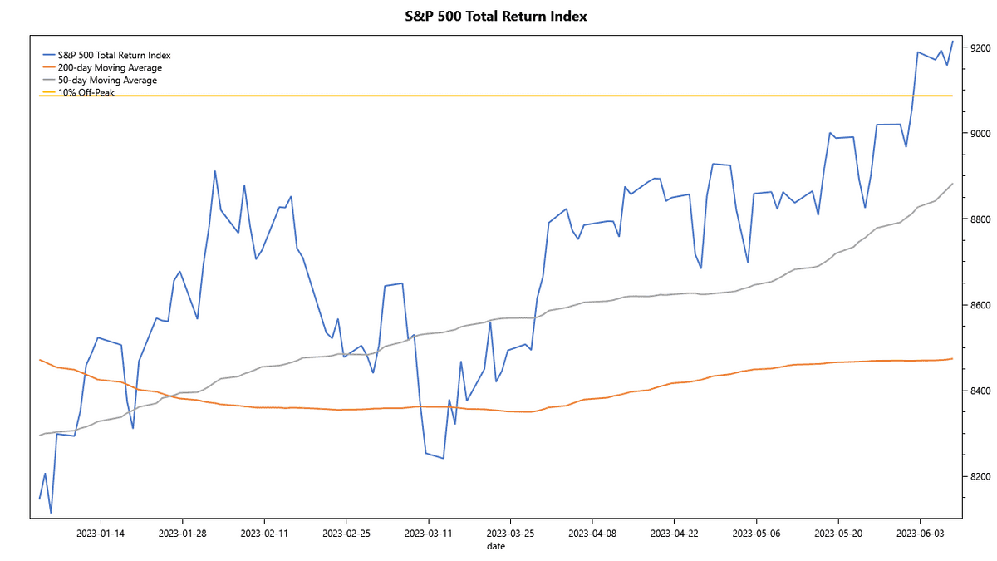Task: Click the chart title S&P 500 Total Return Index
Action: pyautogui.click(x=495, y=16)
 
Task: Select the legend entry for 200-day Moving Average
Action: pyautogui.click(x=109, y=67)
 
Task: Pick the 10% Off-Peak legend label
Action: pyautogui.click(x=86, y=92)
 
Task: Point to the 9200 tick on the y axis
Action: pyautogui.click(x=979, y=48)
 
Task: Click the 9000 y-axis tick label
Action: pyautogui.click(x=979, y=134)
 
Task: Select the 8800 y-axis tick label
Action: pyautogui.click(x=979, y=219)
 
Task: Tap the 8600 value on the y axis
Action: pyautogui.click(x=979, y=306)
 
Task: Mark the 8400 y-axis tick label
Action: pyautogui.click(x=979, y=391)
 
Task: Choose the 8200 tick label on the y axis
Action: pyautogui.click(x=979, y=477)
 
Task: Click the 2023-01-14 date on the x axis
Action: pyautogui.click(x=101, y=532)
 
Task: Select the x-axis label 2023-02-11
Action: pyautogui.click(x=264, y=532)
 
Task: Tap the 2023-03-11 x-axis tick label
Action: pyautogui.click(x=429, y=532)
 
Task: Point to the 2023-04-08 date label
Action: pyautogui.click(x=592, y=532)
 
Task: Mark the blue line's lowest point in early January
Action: pyautogui.click(x=51, y=513)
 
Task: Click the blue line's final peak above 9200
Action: pyautogui.click(x=952, y=41)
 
